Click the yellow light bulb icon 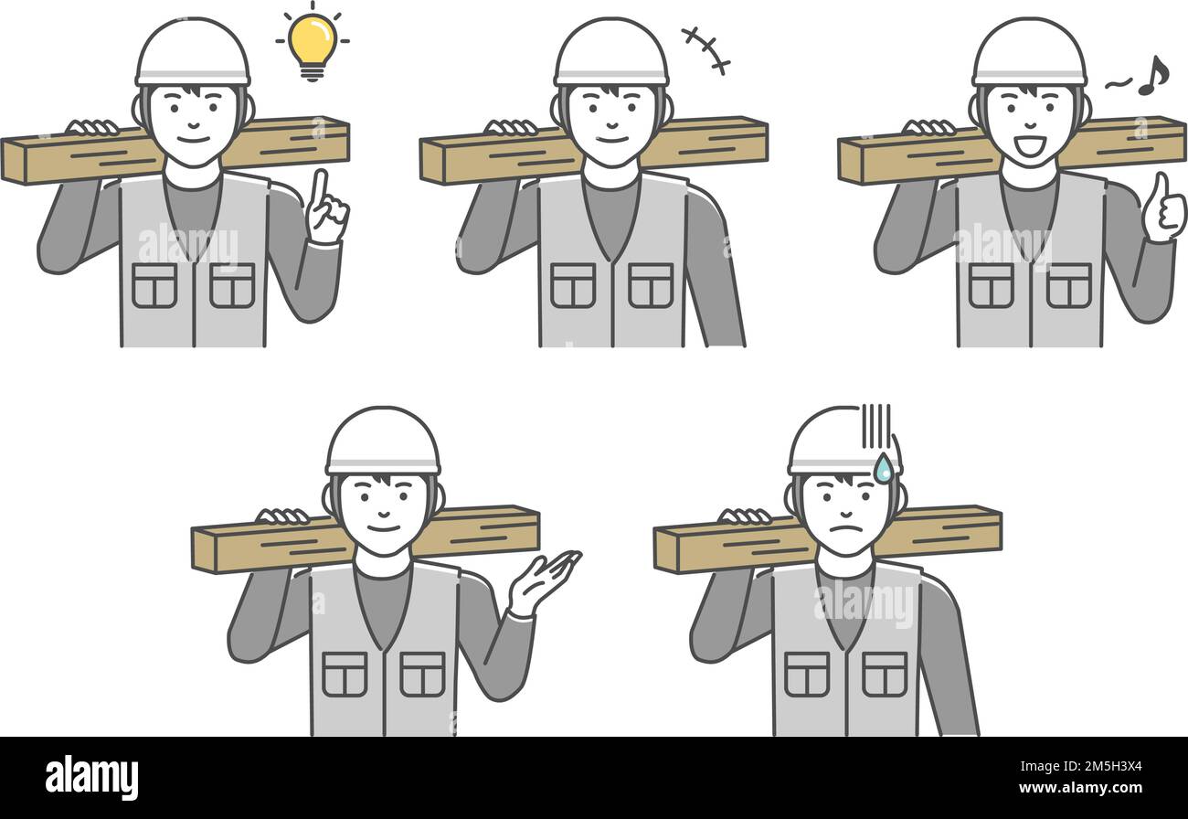click(x=312, y=42)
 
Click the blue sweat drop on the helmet click(x=883, y=469)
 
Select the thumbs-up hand click(x=1163, y=209)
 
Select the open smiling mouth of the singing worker click(x=1028, y=144)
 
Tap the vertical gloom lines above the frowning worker click(x=875, y=426)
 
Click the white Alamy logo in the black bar click(x=91, y=778)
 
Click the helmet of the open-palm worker click(x=383, y=442)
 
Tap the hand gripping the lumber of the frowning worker click(x=744, y=517)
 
